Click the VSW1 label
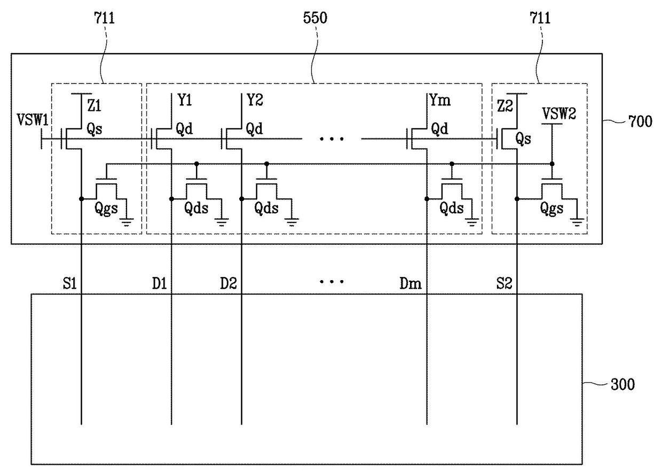[x=33, y=120]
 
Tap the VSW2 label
[x=559, y=114]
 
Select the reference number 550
[x=315, y=18]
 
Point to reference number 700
[x=640, y=121]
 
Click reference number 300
[x=622, y=384]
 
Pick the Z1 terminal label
[x=94, y=105]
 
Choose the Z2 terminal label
[x=505, y=106]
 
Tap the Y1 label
[x=185, y=100]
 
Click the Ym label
[x=440, y=100]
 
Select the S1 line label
[x=70, y=283]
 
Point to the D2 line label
[x=228, y=283]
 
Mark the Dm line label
[x=411, y=283]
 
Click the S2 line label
[x=504, y=283]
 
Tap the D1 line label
[x=159, y=283]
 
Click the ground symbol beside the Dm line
[x=472, y=222]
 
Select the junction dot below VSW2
[x=552, y=164]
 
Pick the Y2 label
[x=255, y=100]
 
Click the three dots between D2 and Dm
[x=332, y=282]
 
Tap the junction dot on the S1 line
[x=81, y=199]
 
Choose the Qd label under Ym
[x=439, y=129]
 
